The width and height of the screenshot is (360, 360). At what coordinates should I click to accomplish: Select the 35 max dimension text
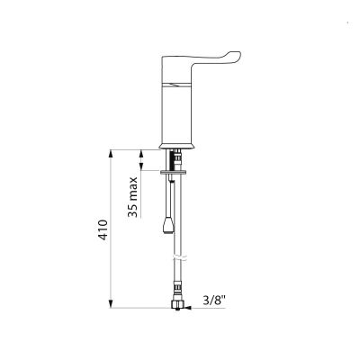tap(132, 197)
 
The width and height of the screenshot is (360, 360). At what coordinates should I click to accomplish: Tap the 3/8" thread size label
tap(214, 301)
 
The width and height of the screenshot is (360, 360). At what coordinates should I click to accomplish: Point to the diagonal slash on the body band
tap(177, 85)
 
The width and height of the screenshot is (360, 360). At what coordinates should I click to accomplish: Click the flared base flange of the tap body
tap(177, 146)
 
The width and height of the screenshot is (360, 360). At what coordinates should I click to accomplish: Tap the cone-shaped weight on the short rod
tap(168, 226)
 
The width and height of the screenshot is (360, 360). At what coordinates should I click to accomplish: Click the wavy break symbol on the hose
tap(179, 258)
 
